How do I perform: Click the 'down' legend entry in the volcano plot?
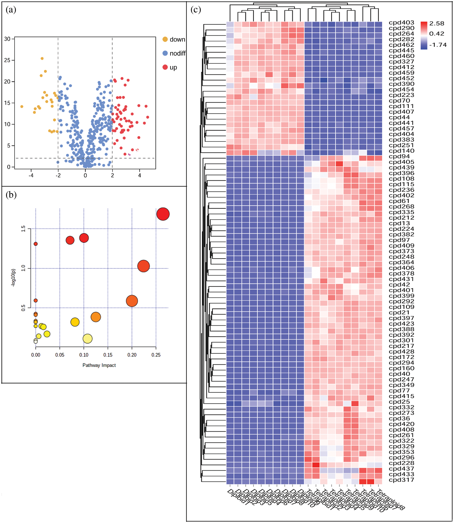(177, 40)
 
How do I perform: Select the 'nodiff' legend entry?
(177, 53)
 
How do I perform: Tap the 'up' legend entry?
(173, 67)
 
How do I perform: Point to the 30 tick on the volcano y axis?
(7, 39)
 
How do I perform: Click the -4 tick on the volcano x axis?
(31, 175)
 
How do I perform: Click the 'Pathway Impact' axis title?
(99, 365)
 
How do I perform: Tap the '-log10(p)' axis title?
(13, 278)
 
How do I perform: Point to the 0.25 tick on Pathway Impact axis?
(156, 355)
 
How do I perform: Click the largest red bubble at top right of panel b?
(163, 214)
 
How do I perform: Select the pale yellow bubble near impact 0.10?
(87, 339)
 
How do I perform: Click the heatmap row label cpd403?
(401, 22)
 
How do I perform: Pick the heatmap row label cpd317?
(401, 480)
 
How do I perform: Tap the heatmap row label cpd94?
(399, 156)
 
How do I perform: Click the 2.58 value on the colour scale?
(436, 24)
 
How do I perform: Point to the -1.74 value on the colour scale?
(438, 45)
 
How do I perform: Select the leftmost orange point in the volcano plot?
(22, 107)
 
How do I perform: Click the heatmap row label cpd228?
(401, 463)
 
